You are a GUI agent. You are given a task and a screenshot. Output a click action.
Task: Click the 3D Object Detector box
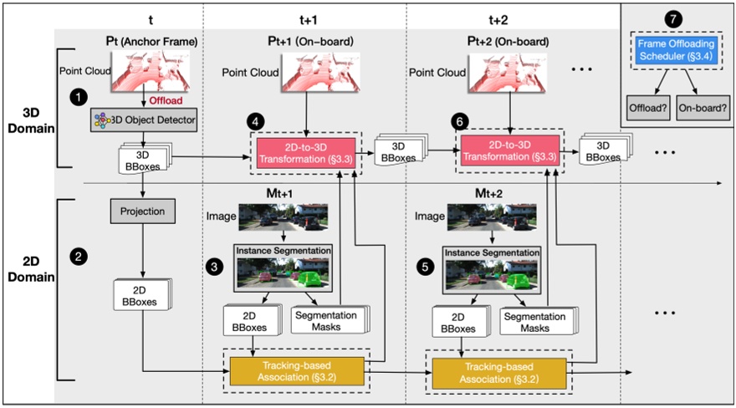tap(144, 121)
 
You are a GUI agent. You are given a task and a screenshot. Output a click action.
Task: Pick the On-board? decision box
tap(703, 107)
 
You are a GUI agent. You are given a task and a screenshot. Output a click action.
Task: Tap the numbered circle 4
tap(258, 120)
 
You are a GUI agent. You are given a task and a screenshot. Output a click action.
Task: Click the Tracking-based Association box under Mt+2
tap(500, 369)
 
